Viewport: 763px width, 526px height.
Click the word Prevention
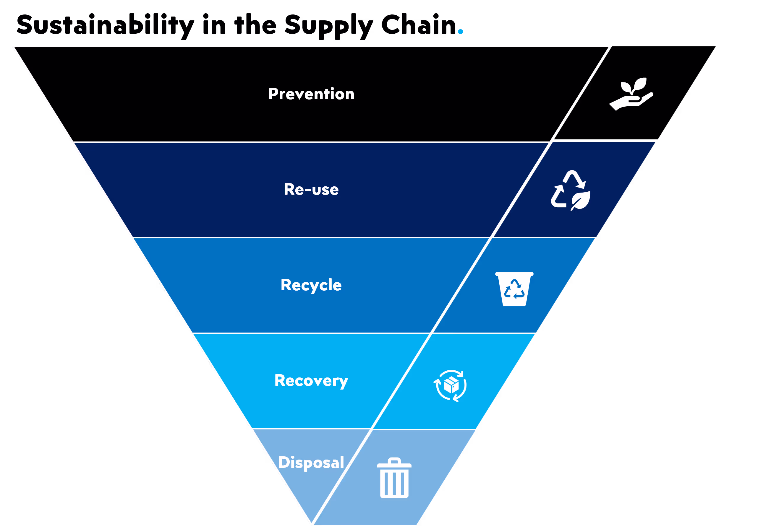point(311,94)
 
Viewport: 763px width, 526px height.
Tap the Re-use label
point(311,190)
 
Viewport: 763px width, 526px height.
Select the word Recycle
point(311,285)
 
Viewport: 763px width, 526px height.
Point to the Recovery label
point(311,381)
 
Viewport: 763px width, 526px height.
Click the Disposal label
point(311,463)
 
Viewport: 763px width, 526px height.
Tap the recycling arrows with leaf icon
point(571,190)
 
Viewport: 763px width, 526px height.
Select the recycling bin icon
point(514,289)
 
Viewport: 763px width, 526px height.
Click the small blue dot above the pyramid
point(461,32)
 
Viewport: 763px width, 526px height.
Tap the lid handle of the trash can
point(394,460)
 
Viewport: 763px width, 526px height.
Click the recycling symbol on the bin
point(514,289)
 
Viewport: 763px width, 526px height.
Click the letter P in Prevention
point(273,94)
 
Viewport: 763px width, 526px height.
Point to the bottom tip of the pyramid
point(311,523)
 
